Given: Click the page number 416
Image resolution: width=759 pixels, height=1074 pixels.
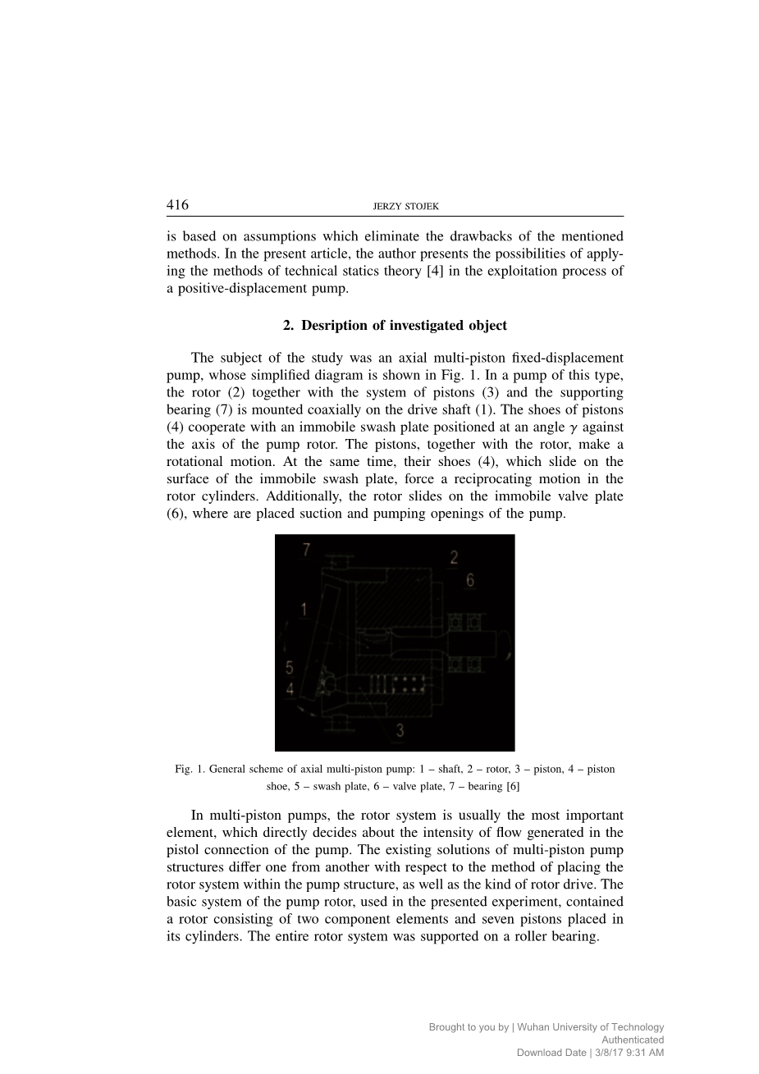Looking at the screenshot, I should (x=177, y=204).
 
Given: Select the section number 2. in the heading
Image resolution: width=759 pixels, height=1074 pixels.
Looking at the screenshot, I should (x=288, y=326).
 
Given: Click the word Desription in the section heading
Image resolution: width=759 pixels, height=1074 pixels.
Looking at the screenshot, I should (x=334, y=326).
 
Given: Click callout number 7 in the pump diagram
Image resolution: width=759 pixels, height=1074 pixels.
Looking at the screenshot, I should (x=306, y=550).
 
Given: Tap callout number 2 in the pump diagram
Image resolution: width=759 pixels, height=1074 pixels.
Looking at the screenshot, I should (x=454, y=558).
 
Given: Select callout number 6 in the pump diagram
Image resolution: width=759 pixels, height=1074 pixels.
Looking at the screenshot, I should (x=469, y=580).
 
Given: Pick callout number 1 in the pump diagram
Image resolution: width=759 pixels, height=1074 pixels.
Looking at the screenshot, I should (x=304, y=609).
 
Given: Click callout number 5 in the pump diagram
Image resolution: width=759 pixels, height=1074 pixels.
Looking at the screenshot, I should (x=290, y=667).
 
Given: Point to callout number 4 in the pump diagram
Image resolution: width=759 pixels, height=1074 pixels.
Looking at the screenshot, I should (x=290, y=690).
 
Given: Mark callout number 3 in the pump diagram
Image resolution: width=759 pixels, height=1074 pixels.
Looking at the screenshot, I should (x=400, y=729).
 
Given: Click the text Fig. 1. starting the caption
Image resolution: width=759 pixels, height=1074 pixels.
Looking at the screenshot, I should (x=190, y=770).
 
